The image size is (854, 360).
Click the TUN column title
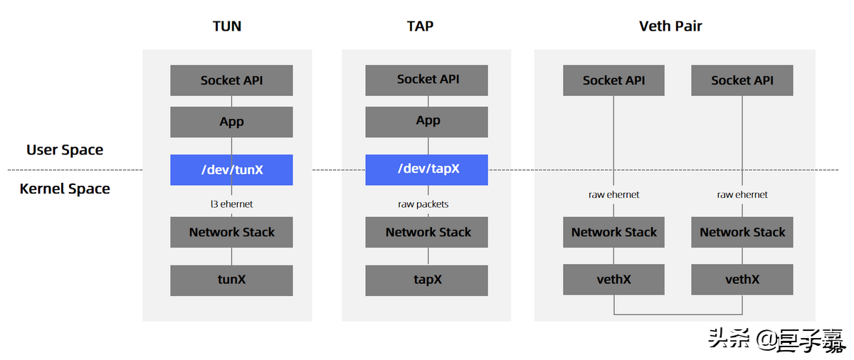tap(227, 26)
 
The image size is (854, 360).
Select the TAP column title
tap(420, 26)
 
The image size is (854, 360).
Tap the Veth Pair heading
tap(670, 26)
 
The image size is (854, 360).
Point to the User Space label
tap(65, 150)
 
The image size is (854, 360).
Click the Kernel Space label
tap(65, 189)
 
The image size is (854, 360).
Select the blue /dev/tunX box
tap(231, 170)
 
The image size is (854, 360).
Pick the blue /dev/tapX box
tap(427, 170)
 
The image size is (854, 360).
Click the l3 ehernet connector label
tap(231, 204)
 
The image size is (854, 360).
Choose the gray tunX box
tap(231, 280)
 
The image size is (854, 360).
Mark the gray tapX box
tap(427, 280)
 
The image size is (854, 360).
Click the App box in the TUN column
tap(231, 122)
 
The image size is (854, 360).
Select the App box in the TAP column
tap(427, 122)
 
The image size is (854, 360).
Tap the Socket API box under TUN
tap(231, 80)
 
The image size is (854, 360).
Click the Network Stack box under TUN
tap(231, 232)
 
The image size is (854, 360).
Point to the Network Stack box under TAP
tap(427, 232)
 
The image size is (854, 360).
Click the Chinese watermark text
tap(776, 340)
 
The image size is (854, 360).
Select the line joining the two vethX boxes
tap(678, 314)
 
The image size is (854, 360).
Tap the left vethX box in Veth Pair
tap(613, 280)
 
